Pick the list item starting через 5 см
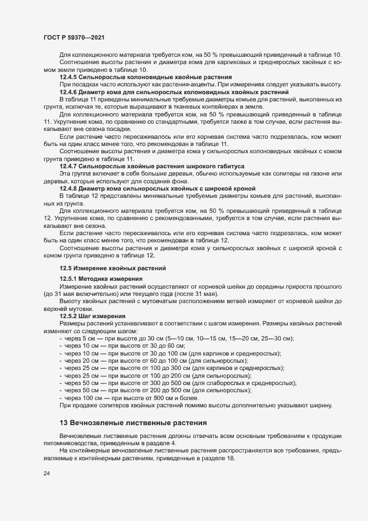pos(179,338)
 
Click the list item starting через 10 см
pos(103,345)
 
